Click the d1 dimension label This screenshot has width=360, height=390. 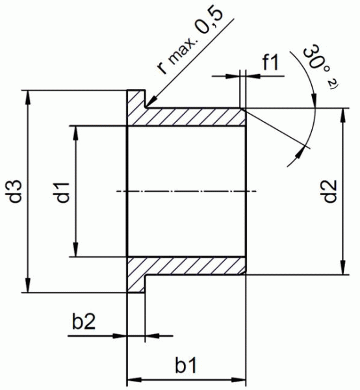[62, 192]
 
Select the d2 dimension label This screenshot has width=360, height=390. [329, 192]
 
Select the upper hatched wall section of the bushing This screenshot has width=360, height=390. [188, 117]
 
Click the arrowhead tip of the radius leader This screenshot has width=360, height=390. [149, 105]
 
